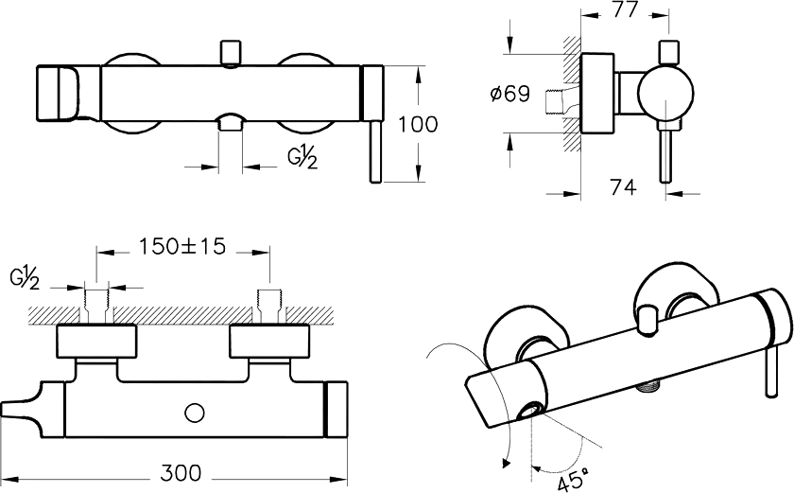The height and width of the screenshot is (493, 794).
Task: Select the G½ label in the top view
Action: point(25,278)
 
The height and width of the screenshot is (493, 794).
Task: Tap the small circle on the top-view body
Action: point(197,412)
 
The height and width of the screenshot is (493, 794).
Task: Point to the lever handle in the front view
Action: point(375,151)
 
